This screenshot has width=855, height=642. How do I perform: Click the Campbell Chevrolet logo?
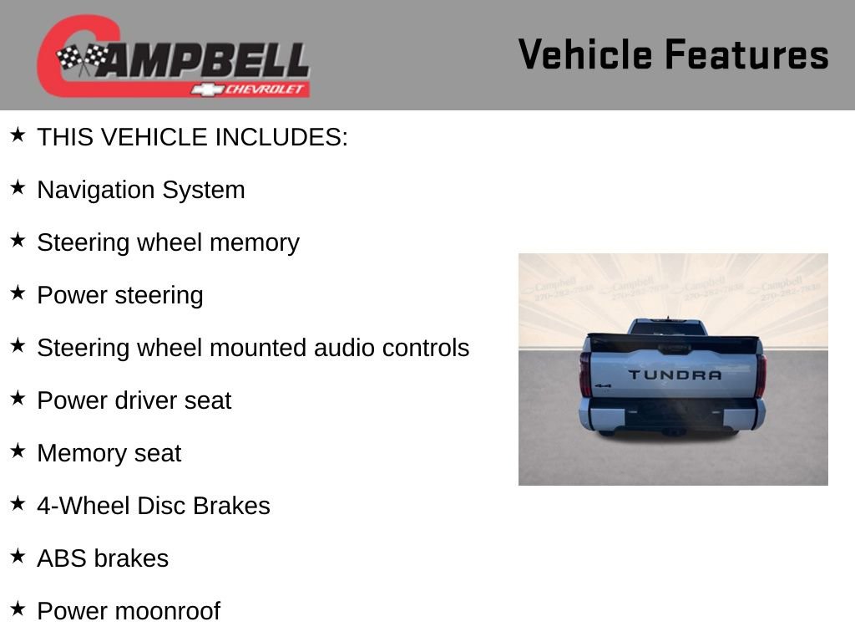[174, 57]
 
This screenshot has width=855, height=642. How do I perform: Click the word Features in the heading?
[746, 55]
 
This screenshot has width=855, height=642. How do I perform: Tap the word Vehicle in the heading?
[585, 55]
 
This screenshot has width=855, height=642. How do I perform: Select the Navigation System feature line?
[140, 190]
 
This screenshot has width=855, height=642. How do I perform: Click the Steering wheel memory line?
[168, 242]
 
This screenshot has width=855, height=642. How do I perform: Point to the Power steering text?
[119, 295]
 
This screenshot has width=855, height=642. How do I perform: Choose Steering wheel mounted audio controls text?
[253, 348]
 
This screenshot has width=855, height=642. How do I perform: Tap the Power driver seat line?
[134, 400]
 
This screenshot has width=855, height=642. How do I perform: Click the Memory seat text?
[109, 453]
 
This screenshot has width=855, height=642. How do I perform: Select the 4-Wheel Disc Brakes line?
[153, 506]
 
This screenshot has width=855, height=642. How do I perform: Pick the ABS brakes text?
[102, 558]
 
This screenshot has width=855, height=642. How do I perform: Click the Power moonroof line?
[128, 611]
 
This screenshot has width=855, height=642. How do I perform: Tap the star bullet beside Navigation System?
[18, 188]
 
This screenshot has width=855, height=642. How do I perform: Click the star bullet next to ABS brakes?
[18, 557]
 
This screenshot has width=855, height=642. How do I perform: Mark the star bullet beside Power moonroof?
[18, 609]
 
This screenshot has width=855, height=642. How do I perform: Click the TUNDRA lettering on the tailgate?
[675, 374]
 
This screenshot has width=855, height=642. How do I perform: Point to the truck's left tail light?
[585, 374]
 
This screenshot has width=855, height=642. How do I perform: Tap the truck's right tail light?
[761, 374]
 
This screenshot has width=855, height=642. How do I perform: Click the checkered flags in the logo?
[82, 58]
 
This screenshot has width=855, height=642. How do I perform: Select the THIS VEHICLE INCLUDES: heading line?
[192, 137]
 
